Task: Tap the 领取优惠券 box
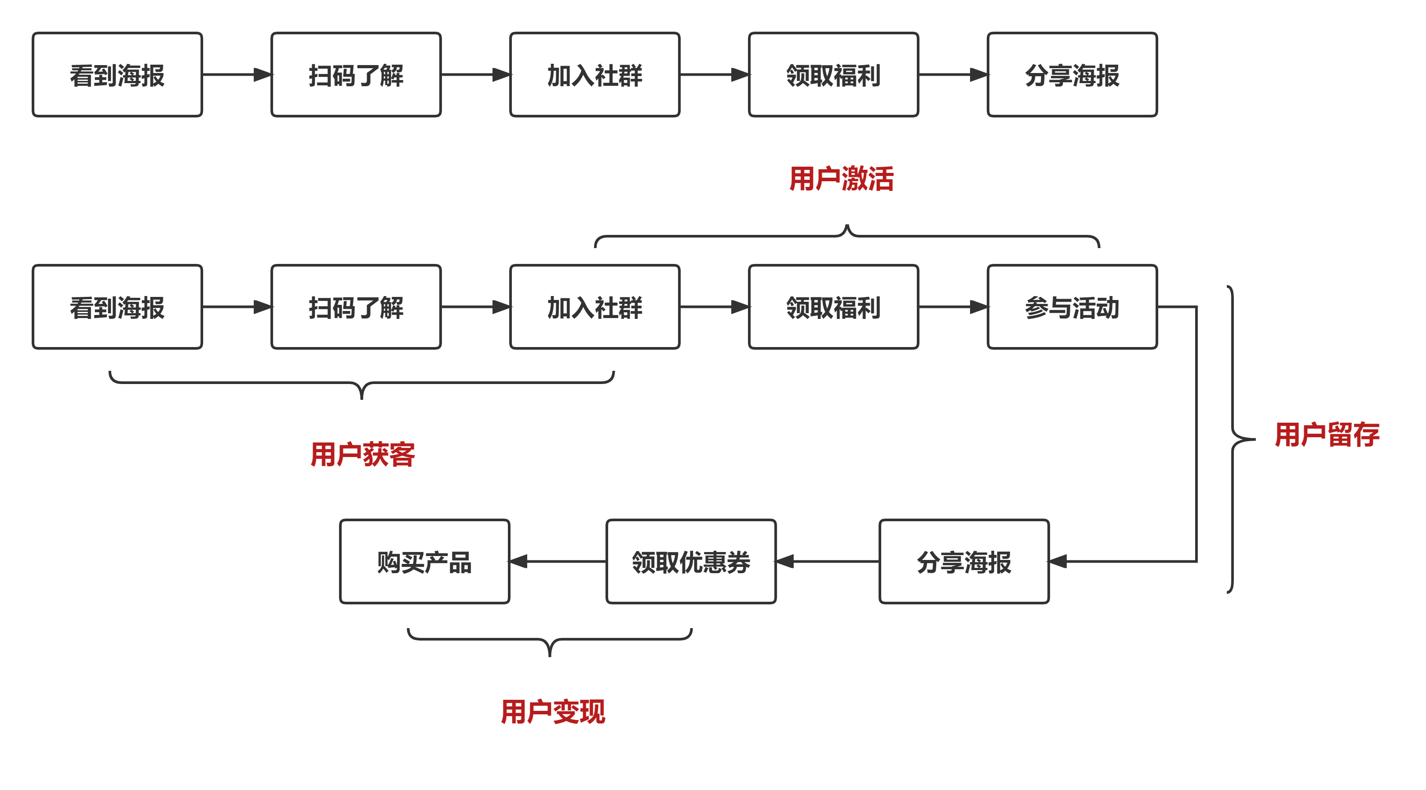(x=691, y=561)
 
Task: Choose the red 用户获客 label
(x=363, y=454)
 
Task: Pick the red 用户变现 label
(x=552, y=711)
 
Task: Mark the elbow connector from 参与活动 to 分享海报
(x=1196, y=432)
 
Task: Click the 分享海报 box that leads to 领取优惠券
(x=964, y=561)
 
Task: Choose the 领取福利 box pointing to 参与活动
(x=833, y=307)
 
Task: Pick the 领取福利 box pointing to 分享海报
(x=833, y=75)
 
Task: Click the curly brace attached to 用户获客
(x=361, y=383)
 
